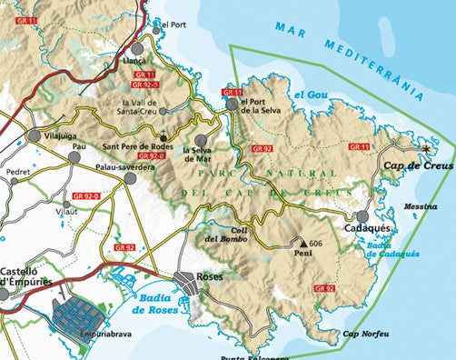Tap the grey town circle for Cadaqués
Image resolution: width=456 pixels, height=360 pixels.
[362, 216]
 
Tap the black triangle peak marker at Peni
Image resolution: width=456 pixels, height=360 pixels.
[302, 245]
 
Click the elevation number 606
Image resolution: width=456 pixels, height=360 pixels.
[316, 244]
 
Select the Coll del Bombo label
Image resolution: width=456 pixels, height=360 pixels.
[223, 235]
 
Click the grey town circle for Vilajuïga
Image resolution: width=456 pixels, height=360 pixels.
[35, 135]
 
